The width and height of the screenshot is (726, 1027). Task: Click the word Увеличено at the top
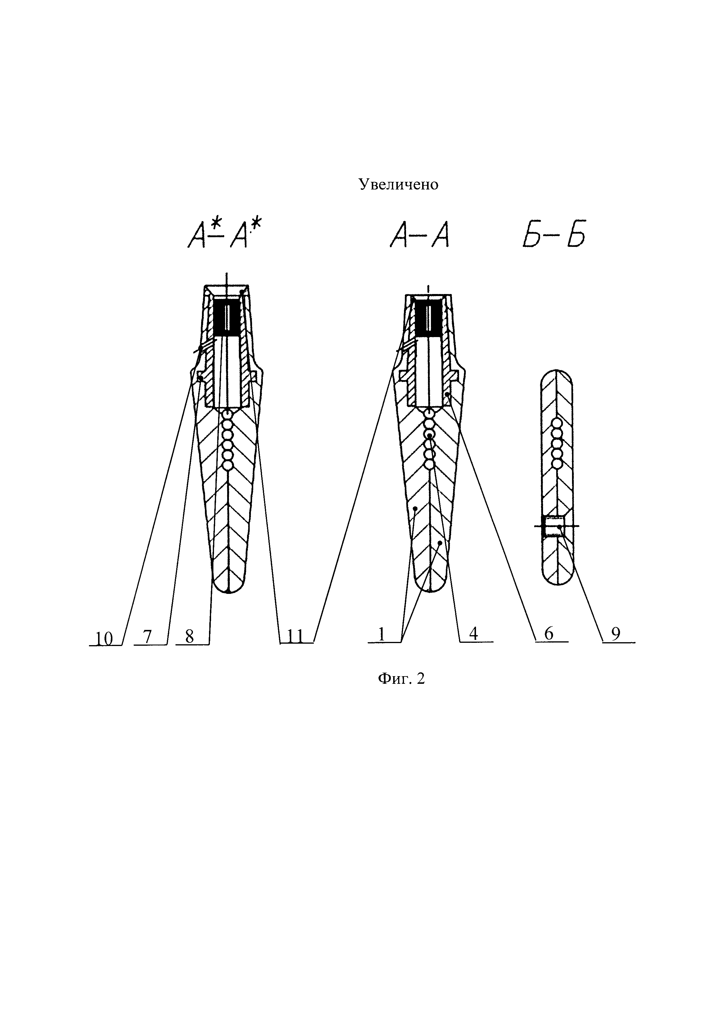pos(399,184)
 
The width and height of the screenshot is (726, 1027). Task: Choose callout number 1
pos(382,634)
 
